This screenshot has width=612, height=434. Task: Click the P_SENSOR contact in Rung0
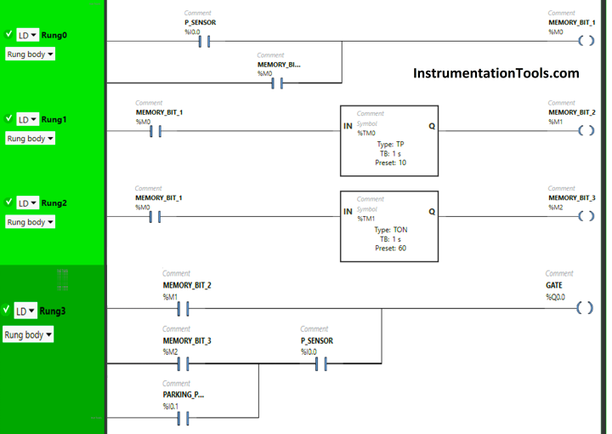[x=202, y=41]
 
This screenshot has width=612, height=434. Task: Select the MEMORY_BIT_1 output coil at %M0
[x=585, y=41]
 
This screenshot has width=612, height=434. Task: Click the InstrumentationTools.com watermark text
[x=496, y=73]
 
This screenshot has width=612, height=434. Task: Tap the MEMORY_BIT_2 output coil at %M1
[x=585, y=130]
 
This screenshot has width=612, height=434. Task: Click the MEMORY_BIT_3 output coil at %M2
[x=585, y=216]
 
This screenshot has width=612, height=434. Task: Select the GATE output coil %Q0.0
[x=584, y=308]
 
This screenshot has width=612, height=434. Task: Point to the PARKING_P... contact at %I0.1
[x=181, y=419]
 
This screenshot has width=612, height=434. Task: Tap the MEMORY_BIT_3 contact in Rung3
[x=181, y=364]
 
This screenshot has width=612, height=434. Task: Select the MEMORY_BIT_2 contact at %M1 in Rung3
[x=181, y=308]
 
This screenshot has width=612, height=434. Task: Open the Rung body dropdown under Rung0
[x=30, y=54]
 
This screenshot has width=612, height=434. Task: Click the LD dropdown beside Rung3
[x=26, y=311]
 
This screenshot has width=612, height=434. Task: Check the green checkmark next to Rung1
[x=8, y=118]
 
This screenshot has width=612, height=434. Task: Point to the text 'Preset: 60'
[x=390, y=248]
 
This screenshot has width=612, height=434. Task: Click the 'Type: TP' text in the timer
[x=391, y=144]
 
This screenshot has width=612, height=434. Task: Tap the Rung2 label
[x=54, y=203]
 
